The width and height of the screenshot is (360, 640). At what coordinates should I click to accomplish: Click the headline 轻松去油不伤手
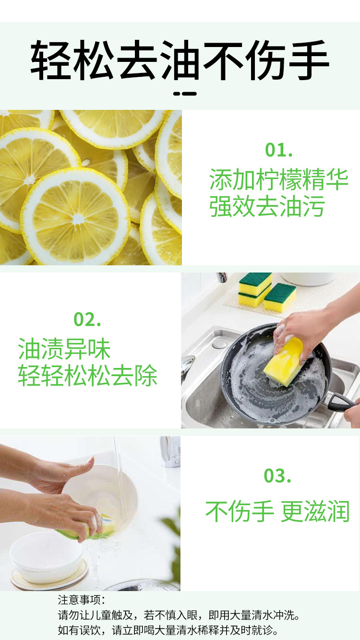[x=180, y=61]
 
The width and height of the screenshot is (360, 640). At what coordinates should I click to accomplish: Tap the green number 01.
[x=278, y=150]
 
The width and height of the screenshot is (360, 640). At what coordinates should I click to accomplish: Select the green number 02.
[x=87, y=319]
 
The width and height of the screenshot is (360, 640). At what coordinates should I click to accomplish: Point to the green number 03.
[x=277, y=476]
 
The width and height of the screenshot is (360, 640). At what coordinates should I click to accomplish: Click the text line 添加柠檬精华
[x=278, y=180]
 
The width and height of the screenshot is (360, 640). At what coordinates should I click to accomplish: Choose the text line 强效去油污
[x=267, y=206]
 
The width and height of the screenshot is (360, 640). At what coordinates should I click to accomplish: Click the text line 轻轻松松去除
[x=87, y=376]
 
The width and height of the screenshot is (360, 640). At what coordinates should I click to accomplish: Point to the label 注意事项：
[x=81, y=600]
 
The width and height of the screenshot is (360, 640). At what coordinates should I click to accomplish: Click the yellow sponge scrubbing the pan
[x=283, y=362]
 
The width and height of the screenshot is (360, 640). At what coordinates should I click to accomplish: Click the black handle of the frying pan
[x=343, y=402]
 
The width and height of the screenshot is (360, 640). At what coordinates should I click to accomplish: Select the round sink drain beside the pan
[x=219, y=344]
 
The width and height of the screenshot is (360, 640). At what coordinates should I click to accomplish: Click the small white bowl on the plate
[x=46, y=557]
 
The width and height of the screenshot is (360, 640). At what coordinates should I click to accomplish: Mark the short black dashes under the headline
[x=185, y=94]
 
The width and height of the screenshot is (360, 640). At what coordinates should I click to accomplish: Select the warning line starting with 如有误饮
[x=168, y=630]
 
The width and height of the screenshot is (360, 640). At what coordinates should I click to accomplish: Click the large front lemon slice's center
[x=75, y=217]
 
